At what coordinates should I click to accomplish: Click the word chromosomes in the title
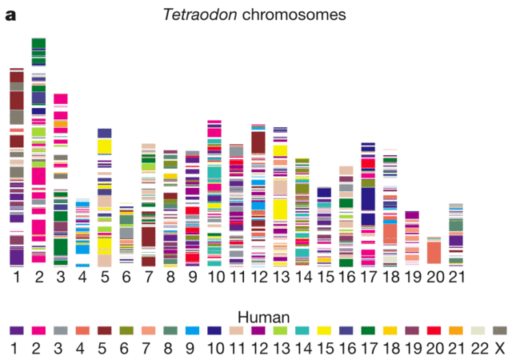coord(299,14)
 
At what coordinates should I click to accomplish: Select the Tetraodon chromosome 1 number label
coord(16,277)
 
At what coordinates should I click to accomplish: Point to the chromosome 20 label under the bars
coord(434,277)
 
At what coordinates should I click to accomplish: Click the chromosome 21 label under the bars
coord(455,277)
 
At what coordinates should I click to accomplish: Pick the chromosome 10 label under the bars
coord(214,277)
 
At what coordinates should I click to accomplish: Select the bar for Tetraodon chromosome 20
coord(434,251)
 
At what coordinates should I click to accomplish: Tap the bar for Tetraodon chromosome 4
coord(82,233)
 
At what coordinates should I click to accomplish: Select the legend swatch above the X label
coord(500,330)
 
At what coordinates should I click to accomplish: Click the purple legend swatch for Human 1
coord(16,330)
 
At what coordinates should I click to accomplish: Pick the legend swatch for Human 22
coord(478,330)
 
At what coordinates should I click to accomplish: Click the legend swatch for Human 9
coord(193,330)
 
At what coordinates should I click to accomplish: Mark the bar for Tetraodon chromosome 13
coord(280,197)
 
